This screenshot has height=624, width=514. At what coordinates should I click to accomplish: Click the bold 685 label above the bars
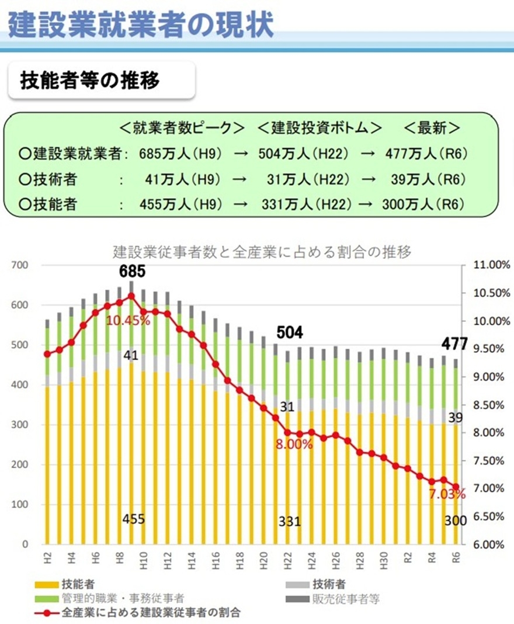[131, 272]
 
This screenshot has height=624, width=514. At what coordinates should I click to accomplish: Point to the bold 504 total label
[290, 332]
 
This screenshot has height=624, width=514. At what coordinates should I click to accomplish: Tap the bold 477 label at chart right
[455, 344]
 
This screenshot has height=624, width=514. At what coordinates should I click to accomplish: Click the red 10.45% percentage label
[128, 320]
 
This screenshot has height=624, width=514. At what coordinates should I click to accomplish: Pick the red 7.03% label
[447, 495]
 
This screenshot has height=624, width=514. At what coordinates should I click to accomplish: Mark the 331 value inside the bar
[290, 521]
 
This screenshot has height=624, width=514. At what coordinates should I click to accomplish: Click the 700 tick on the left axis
[20, 265]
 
